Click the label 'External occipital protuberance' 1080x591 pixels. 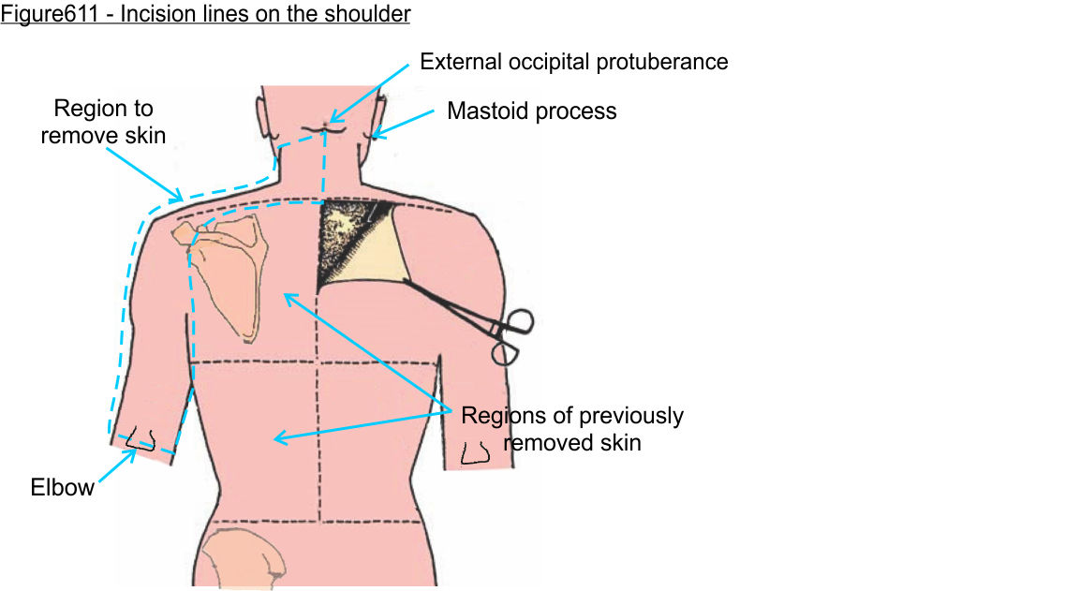pyautogui.click(x=573, y=63)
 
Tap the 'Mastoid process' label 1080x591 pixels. pyautogui.click(x=531, y=111)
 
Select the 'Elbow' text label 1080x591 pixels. pyautogui.click(x=63, y=487)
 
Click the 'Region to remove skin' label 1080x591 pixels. pyautogui.click(x=103, y=122)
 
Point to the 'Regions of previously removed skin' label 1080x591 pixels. pyautogui.click(x=572, y=428)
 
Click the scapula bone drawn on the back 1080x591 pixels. pyautogui.click(x=225, y=272)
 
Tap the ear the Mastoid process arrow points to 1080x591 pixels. pyautogui.click(x=378, y=117)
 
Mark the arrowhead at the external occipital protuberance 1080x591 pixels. pyautogui.click(x=331, y=121)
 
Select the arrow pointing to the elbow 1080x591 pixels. pyautogui.click(x=116, y=465)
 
